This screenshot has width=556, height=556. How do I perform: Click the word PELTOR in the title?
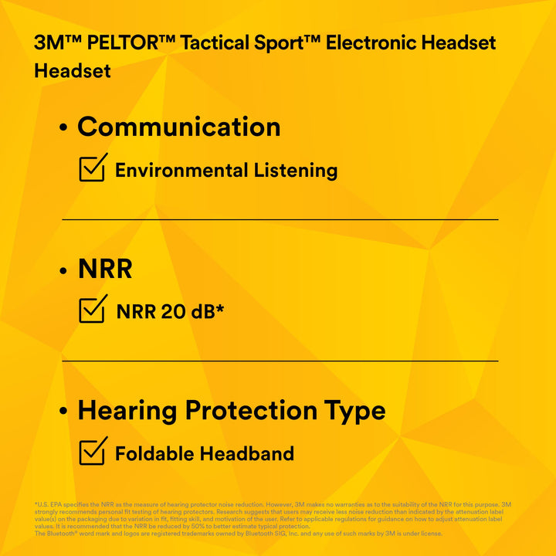123,42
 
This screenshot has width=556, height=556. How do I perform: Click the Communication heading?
178,127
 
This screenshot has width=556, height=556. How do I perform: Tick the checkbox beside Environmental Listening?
93,168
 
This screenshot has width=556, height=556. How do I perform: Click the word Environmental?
181,171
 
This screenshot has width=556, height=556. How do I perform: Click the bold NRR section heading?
105,269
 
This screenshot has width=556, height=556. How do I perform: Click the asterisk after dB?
220,309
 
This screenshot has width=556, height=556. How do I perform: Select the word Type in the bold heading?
357,410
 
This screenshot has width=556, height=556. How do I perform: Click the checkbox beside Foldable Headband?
93,450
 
